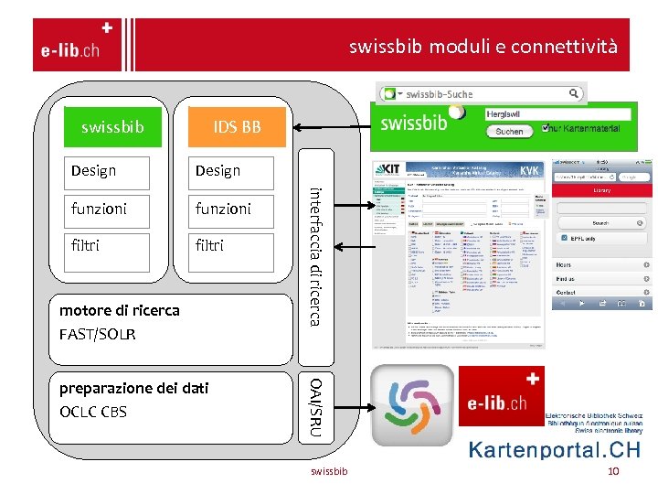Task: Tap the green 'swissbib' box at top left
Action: [112, 126]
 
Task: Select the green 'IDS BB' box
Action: [237, 126]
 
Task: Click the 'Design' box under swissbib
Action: [106, 170]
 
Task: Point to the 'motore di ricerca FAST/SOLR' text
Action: [119, 321]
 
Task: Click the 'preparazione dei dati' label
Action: [133, 388]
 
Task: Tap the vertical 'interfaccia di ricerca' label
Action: [313, 255]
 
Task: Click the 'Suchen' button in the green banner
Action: [509, 132]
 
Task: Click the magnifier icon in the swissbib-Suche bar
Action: [574, 92]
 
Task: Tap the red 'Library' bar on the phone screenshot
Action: [602, 190]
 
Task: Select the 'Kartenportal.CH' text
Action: [555, 450]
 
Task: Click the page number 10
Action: [613, 471]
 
